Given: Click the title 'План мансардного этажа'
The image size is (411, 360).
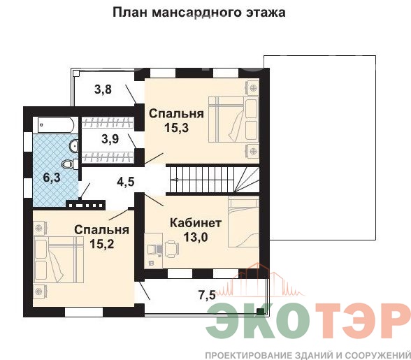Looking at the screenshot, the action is click(199, 13).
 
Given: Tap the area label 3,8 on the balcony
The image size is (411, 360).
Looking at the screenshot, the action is click(103, 89).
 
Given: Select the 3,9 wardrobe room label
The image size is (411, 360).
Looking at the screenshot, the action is click(110, 139).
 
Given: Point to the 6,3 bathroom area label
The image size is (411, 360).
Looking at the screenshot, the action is click(52, 178).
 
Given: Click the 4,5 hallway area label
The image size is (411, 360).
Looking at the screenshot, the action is click(126, 182).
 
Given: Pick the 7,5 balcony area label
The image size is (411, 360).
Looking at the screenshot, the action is click(207, 295).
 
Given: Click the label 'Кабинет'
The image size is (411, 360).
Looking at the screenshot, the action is click(196, 223).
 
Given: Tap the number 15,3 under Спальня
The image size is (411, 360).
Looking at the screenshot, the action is click(176, 128).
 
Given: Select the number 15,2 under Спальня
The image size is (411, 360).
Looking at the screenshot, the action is click(102, 244).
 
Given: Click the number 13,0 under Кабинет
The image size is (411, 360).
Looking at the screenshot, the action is click(196, 237).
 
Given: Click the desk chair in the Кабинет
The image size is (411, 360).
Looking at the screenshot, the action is click(172, 250).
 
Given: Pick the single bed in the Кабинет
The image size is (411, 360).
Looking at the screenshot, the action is click(243, 222).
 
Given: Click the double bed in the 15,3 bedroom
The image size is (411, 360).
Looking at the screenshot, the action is click(233, 120).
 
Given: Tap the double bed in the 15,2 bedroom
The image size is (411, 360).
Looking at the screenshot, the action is click(59, 259).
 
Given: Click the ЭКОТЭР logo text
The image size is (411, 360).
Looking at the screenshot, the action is click(308, 321).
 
